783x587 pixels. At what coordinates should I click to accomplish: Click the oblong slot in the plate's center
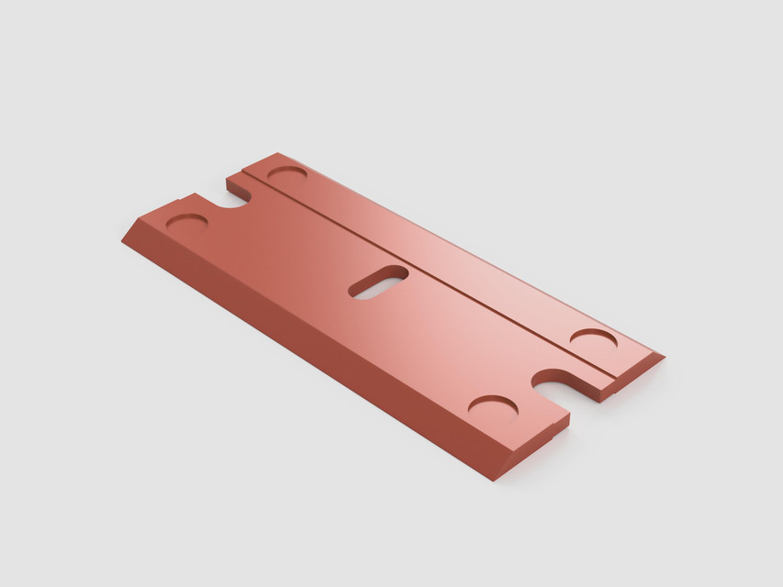click(x=378, y=282)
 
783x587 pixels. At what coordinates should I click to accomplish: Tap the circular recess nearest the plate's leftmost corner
click(x=186, y=223)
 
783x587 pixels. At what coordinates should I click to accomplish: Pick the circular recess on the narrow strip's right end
click(x=593, y=338)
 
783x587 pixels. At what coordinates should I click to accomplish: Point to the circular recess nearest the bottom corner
click(x=493, y=406)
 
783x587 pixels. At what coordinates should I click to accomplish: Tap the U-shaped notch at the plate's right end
click(x=560, y=382)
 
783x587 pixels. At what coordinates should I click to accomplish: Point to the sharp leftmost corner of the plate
click(x=122, y=241)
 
